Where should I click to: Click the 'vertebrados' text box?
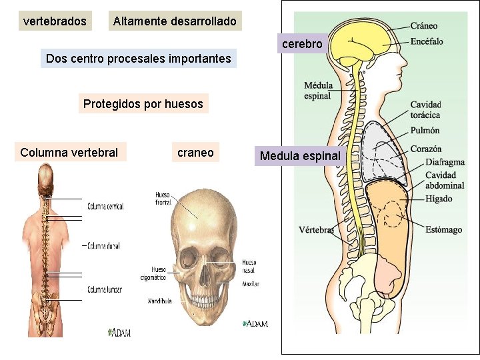[55, 21]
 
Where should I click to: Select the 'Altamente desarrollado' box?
[175, 21]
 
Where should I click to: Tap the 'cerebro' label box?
[302, 44]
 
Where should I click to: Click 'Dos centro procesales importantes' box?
[139, 59]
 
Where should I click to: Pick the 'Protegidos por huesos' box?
[143, 104]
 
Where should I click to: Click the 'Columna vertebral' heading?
[69, 153]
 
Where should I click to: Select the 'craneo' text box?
[195, 153]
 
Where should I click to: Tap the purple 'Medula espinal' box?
[300, 156]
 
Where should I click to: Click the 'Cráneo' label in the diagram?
[424, 26]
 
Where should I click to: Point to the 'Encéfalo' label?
[427, 41]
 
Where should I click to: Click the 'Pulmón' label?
[425, 131]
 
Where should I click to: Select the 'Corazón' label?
[426, 149]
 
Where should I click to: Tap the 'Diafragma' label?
[445, 162]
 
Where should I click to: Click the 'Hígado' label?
[439, 199]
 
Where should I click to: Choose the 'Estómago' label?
[444, 230]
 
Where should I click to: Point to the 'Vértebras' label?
[316, 230]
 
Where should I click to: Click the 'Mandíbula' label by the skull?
[159, 301]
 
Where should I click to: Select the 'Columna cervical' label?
[105, 207]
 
